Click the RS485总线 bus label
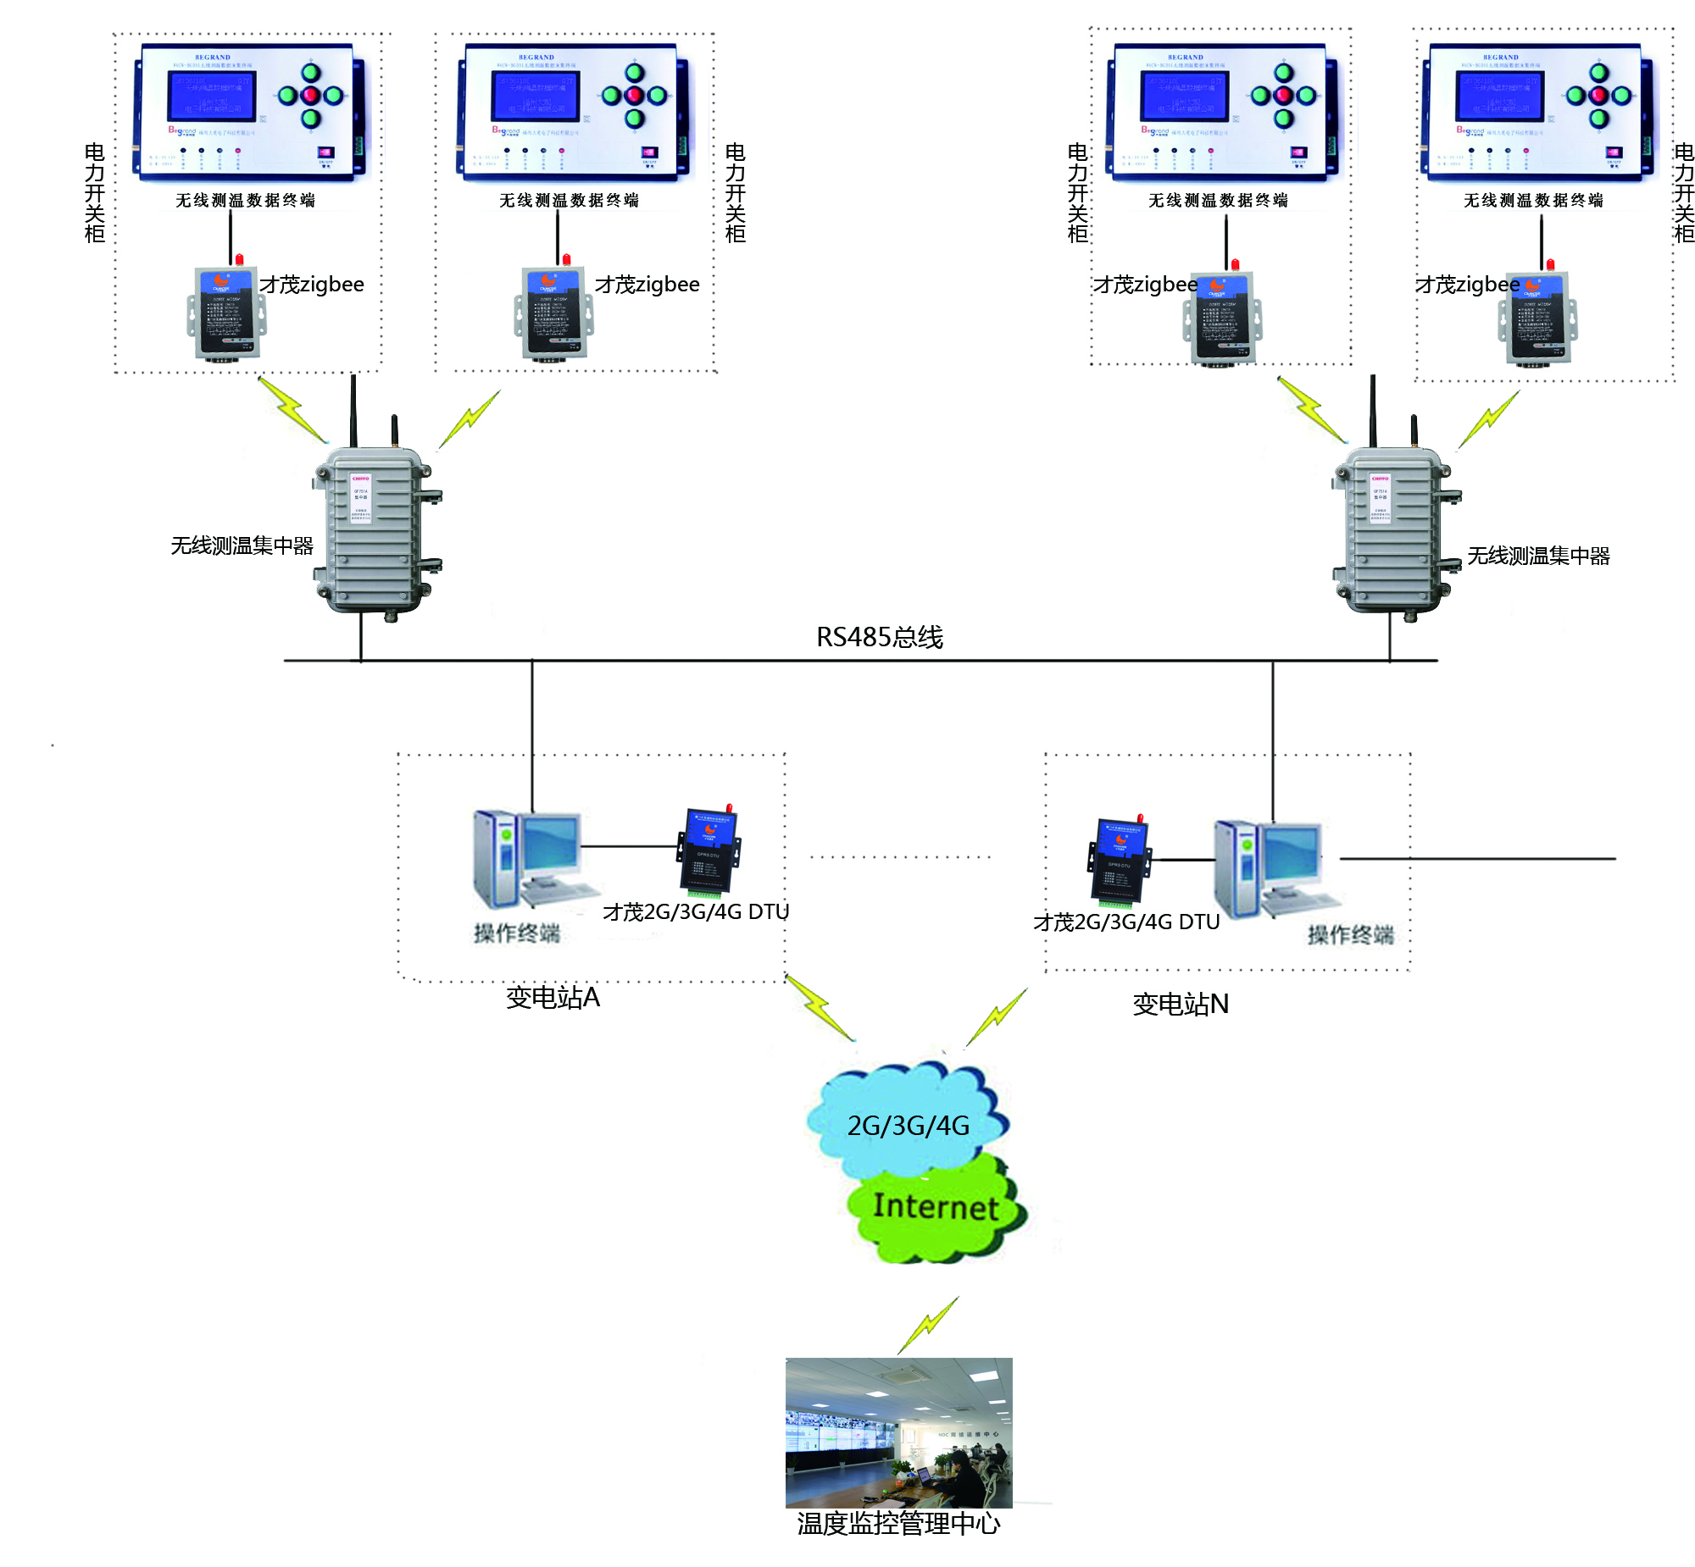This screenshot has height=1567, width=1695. click(x=879, y=637)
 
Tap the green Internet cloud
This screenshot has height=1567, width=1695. click(x=936, y=1207)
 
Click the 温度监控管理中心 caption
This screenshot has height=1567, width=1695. click(x=898, y=1524)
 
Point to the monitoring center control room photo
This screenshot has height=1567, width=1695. click(x=898, y=1432)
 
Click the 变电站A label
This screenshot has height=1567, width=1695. click(x=553, y=997)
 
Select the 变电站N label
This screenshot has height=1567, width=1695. click(x=1180, y=1004)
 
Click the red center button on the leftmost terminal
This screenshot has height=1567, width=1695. click(x=310, y=95)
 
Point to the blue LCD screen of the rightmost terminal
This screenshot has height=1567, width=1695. click(x=1499, y=96)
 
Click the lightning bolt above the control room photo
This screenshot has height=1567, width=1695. click(x=929, y=1325)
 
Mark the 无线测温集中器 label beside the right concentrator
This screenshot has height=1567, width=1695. click(x=1538, y=556)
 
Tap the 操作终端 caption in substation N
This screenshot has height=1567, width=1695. click(x=1350, y=934)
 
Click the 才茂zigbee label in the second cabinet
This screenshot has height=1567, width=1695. click(x=647, y=284)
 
